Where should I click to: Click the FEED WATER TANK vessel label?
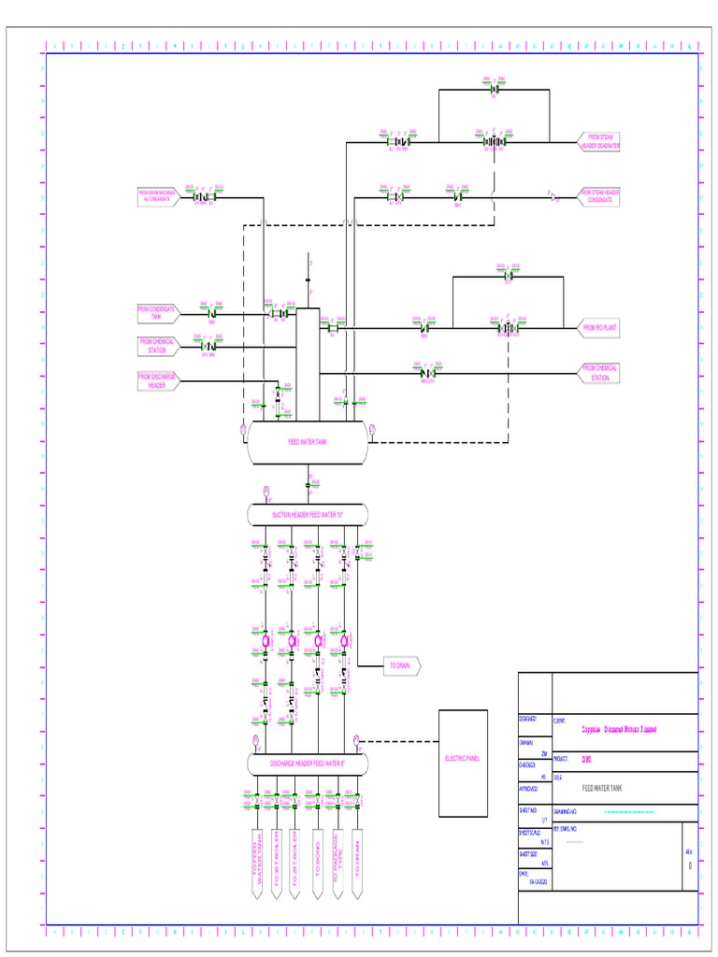307,440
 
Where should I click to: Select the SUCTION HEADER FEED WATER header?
307,515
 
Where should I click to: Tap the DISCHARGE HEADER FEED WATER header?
307,764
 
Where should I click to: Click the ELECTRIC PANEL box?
463,758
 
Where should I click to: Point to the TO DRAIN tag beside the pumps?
400,665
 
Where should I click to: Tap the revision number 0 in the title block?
690,865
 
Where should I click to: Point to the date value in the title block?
537,880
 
